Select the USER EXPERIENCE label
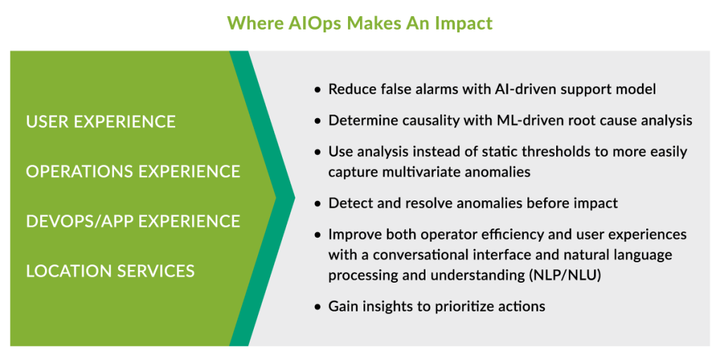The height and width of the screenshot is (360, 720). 101,122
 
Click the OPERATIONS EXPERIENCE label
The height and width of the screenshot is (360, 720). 133,172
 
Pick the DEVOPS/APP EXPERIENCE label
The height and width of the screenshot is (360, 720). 133,221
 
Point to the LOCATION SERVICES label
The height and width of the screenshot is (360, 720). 110,271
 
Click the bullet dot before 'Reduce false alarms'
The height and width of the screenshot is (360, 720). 317,90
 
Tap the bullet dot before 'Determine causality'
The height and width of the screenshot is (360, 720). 317,121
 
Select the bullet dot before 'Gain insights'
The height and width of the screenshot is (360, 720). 317,307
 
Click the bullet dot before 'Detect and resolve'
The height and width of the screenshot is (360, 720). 317,203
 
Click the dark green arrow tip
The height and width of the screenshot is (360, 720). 294,198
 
